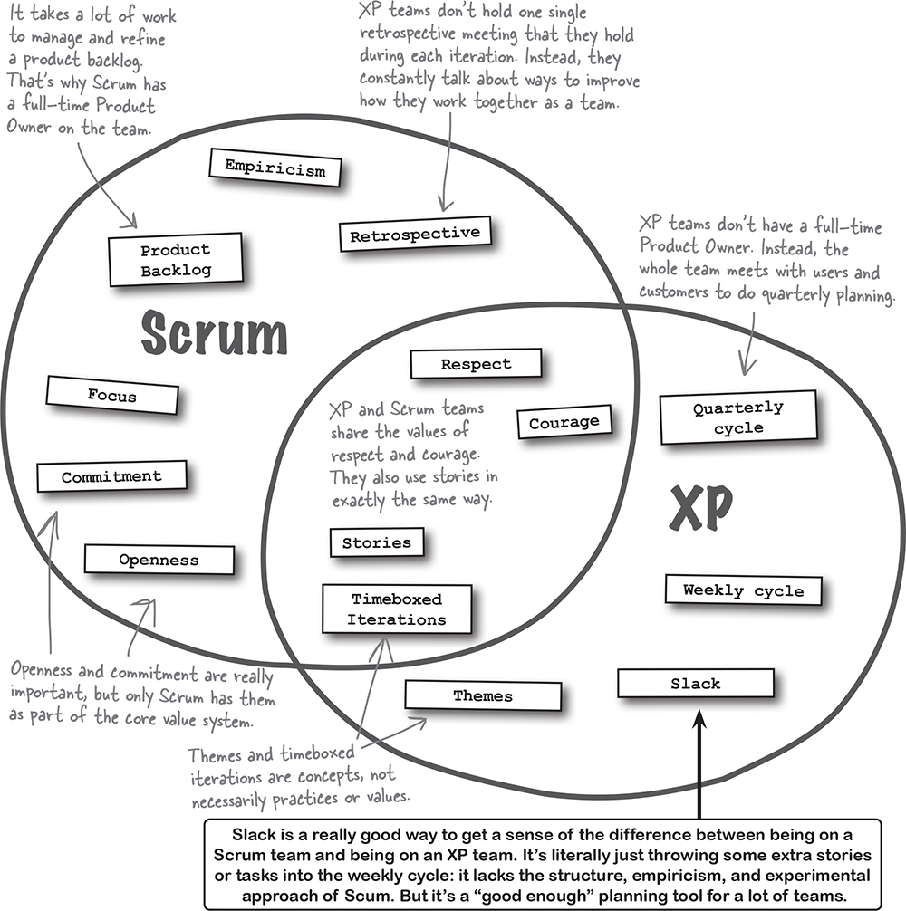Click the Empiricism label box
(x=268, y=167)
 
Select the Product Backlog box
(x=176, y=259)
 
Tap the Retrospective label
(x=415, y=235)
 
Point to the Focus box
(x=112, y=395)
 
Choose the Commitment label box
(x=111, y=476)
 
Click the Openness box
(x=159, y=560)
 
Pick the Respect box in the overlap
(x=476, y=364)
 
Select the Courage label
(x=564, y=422)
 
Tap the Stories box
(x=376, y=542)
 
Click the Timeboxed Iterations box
(x=397, y=609)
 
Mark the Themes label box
(x=483, y=695)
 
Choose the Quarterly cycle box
(x=737, y=417)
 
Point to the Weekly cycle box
(x=743, y=590)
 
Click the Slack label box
(x=695, y=683)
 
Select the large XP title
(x=699, y=509)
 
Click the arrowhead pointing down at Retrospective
(x=443, y=205)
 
